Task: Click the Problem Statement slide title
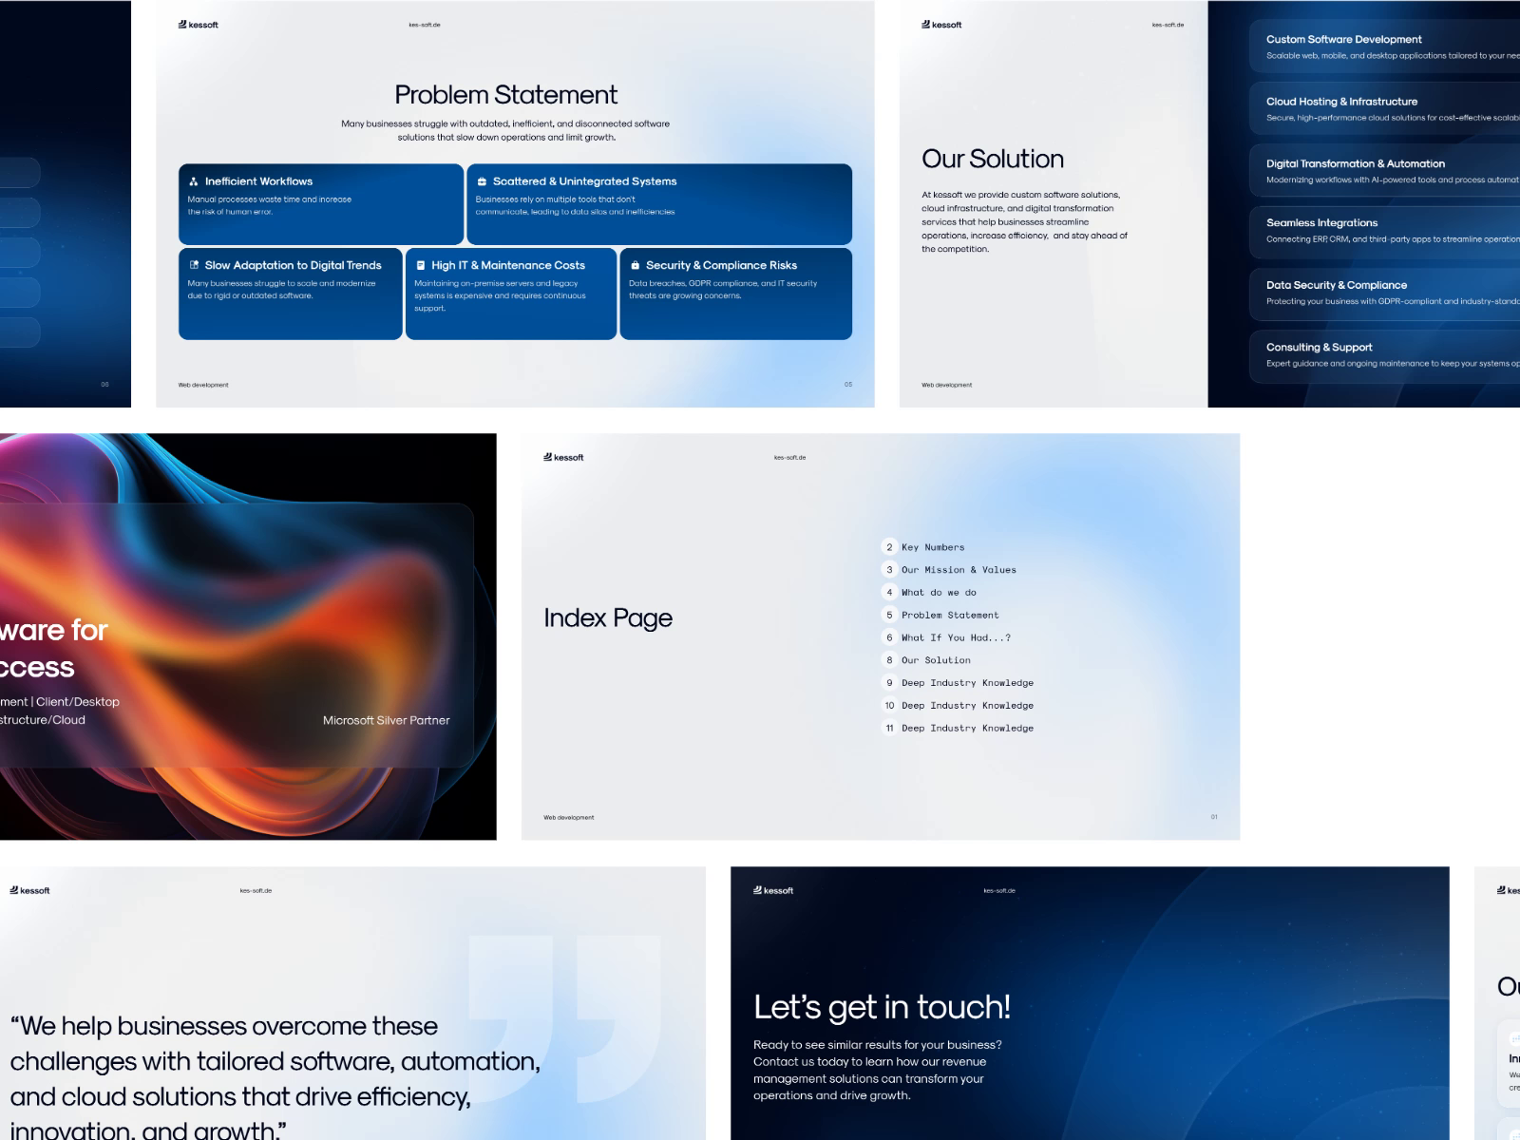click(505, 95)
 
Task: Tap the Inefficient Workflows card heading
click(258, 181)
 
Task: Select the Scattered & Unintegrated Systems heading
click(584, 181)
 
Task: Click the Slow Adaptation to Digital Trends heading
click(293, 265)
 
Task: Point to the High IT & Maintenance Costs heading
click(507, 265)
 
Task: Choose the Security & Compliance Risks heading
click(721, 265)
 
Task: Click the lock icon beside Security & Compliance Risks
click(635, 265)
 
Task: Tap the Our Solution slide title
click(992, 159)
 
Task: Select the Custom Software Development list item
click(1343, 39)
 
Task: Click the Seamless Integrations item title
click(1321, 222)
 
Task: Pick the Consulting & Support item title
click(1319, 347)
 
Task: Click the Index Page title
click(608, 617)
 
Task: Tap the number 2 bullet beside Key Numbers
click(889, 547)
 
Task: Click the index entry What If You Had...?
click(956, 637)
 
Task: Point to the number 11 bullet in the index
click(889, 728)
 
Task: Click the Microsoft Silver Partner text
click(386, 720)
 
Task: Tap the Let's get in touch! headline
click(882, 1006)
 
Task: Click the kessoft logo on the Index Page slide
click(563, 457)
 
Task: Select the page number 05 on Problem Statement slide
click(848, 385)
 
